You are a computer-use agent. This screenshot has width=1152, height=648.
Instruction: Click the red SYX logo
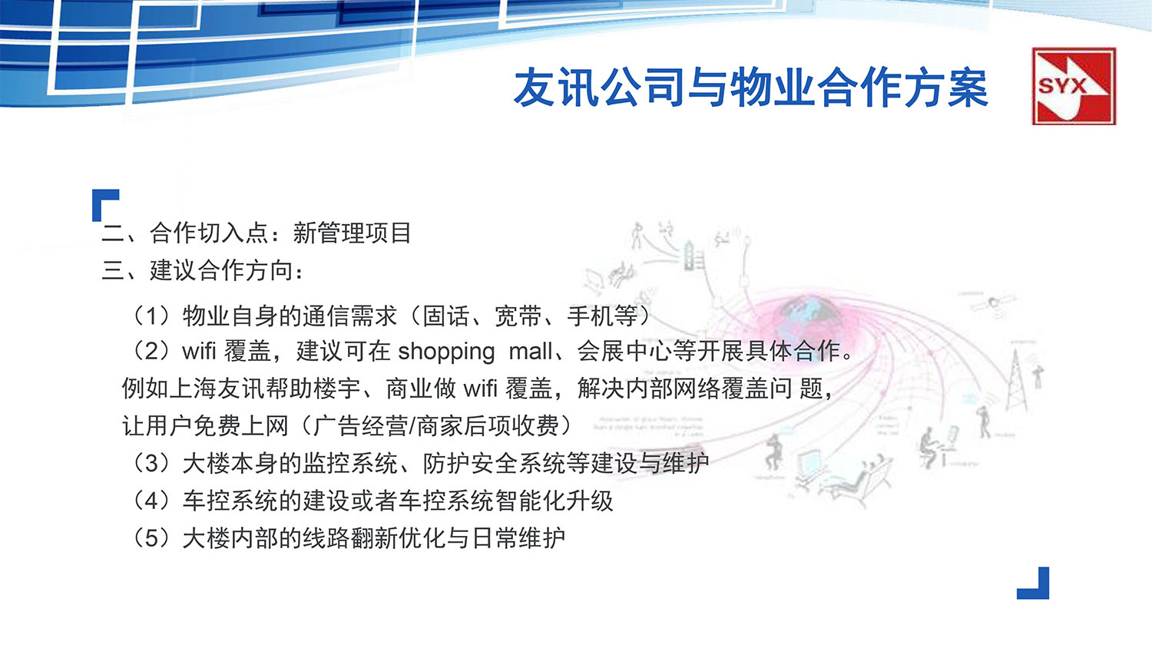pyautogui.click(x=1073, y=86)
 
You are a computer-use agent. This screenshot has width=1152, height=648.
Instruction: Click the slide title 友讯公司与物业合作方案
pyautogui.click(x=750, y=88)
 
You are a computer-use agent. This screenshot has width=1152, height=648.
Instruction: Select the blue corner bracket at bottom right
pyautogui.click(x=1034, y=585)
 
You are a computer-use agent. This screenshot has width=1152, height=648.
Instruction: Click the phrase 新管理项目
pyautogui.click(x=352, y=233)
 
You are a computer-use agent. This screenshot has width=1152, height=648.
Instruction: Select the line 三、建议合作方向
pyautogui.click(x=203, y=270)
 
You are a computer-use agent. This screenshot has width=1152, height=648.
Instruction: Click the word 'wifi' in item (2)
pyautogui.click(x=199, y=352)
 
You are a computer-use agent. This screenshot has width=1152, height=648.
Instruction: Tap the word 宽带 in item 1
pyautogui.click(x=518, y=316)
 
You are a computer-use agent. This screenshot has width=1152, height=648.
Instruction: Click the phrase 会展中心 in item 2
pyautogui.click(x=624, y=352)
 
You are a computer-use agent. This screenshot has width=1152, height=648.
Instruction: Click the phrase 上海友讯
pyautogui.click(x=217, y=388)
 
